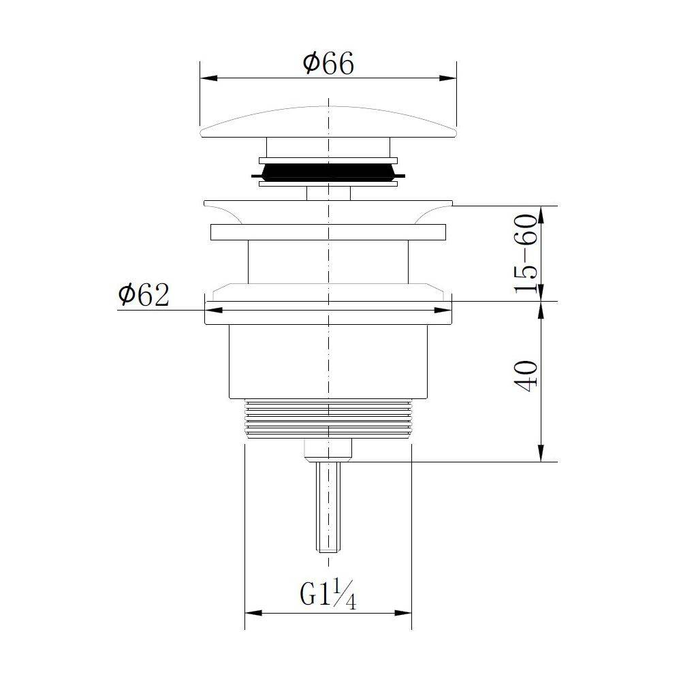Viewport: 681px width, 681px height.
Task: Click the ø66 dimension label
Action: pos(328,64)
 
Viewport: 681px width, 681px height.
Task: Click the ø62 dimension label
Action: pos(143,295)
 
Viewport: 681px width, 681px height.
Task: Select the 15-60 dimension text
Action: pos(526,253)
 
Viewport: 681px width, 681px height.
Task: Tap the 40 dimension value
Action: pos(526,376)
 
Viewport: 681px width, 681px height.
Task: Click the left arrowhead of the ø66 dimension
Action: pos(208,78)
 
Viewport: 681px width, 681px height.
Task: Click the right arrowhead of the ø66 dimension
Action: pos(448,78)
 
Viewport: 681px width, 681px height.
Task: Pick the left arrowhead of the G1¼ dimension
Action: pos(253,614)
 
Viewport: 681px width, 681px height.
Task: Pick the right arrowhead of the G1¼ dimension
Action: pos(402,614)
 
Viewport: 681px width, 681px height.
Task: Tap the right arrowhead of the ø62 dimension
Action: pos(443,310)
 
